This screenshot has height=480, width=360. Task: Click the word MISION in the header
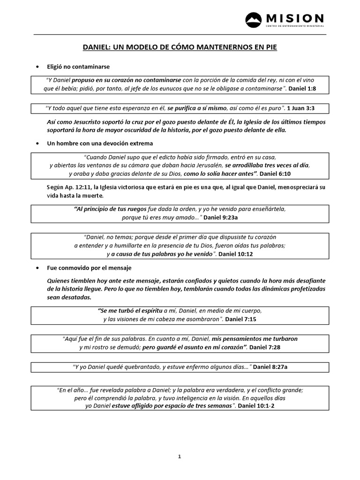pyautogui.click(x=295, y=18)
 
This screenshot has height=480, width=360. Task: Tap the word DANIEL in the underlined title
pyautogui.click(x=97, y=48)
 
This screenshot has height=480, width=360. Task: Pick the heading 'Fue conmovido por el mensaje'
pyautogui.click(x=89, y=268)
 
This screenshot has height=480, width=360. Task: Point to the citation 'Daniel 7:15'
pyautogui.click(x=241, y=319)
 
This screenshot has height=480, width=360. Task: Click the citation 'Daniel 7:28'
pyautogui.click(x=265, y=347)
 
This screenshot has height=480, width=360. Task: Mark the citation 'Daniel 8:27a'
pyautogui.click(x=270, y=367)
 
